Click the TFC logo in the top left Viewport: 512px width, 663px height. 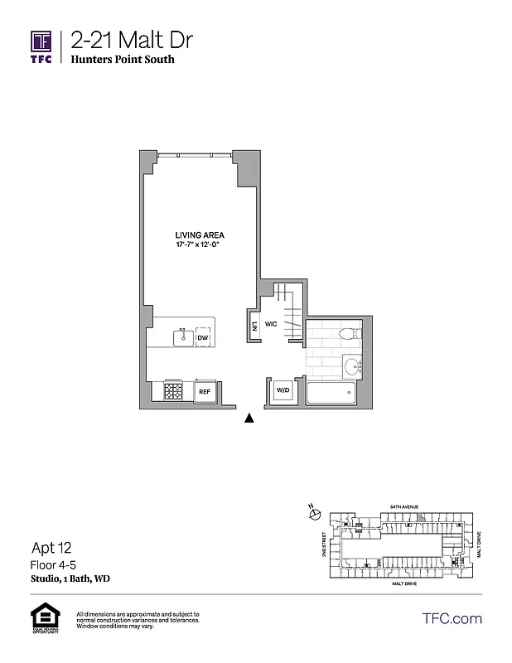pos(41,48)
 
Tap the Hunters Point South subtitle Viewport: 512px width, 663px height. pos(123,60)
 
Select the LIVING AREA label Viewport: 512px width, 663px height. pos(200,235)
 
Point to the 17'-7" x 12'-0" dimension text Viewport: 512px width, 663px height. pos(200,246)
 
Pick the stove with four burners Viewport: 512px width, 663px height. pos(174,390)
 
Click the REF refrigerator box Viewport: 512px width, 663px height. pos(203,391)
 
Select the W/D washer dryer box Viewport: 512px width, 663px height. pos(283,390)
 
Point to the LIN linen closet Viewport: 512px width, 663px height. pos(254,325)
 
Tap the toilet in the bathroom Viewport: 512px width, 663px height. pos(350,335)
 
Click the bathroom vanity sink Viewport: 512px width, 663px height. pos(352,365)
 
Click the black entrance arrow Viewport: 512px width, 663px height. pos(248,419)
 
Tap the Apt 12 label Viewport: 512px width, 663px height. pos(51,548)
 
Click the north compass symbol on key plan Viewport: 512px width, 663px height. pos(313,515)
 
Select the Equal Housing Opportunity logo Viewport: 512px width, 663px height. pos(42,619)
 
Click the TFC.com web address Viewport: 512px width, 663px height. pos(452,618)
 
